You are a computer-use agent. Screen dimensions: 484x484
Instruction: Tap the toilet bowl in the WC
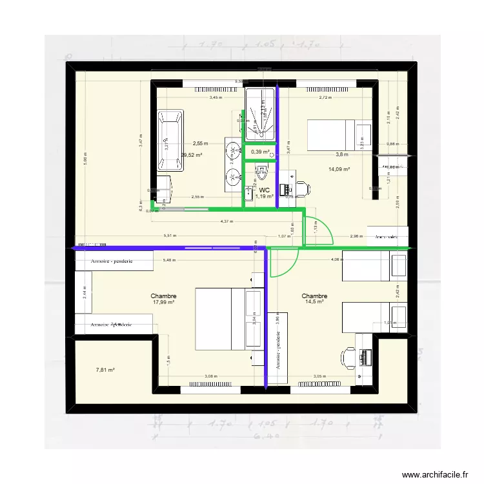point(261,171)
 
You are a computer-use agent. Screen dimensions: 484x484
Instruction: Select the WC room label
point(265,190)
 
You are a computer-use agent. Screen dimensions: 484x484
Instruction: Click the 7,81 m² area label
point(105,370)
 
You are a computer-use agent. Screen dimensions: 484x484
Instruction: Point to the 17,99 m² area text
point(165,302)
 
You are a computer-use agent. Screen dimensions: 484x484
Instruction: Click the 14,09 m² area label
point(339,169)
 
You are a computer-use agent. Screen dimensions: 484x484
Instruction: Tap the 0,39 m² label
point(259,152)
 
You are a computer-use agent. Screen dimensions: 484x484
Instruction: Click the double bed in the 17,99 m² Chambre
point(219,319)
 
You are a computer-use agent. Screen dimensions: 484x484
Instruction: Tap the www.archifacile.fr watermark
point(434,474)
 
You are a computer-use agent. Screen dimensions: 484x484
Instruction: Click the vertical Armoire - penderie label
point(277,352)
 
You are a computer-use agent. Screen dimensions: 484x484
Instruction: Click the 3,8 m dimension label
point(341,155)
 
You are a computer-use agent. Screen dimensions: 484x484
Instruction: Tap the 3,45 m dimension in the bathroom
point(215,98)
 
